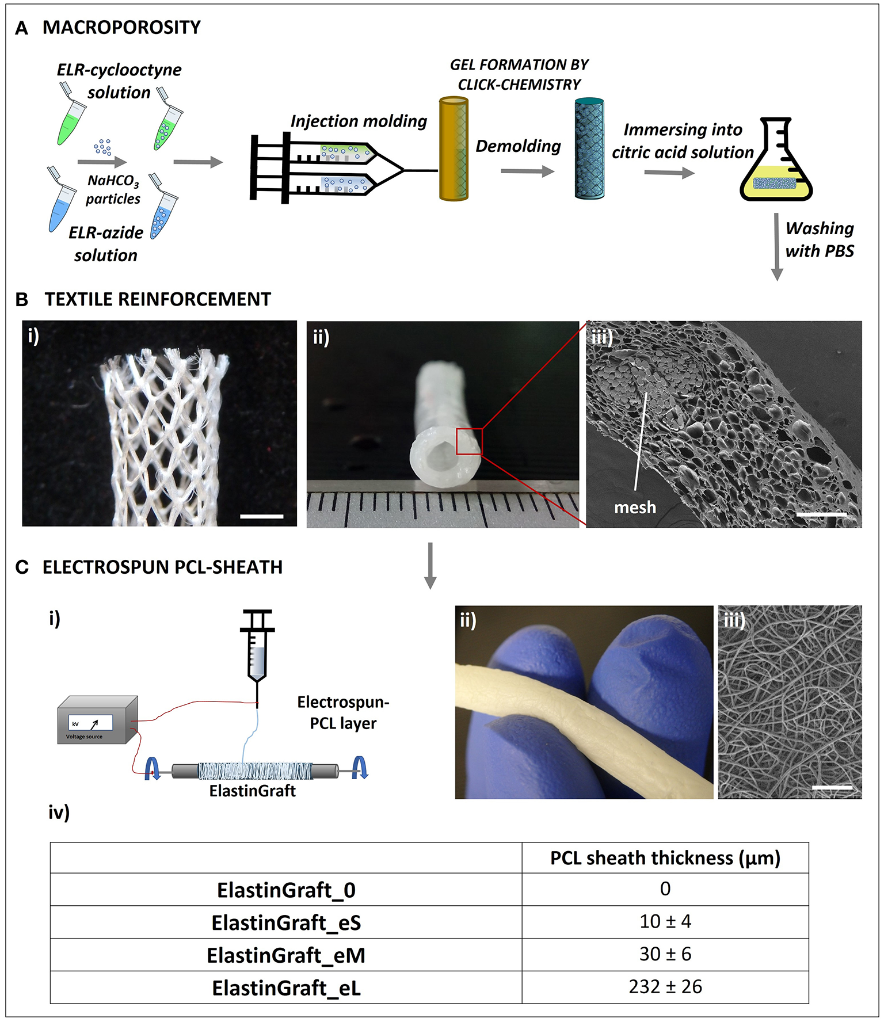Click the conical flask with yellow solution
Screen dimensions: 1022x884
pos(776,165)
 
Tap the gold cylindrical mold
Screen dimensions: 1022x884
pos(454,150)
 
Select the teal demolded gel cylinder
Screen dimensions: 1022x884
pos(589,150)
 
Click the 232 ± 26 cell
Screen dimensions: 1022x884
pos(665,987)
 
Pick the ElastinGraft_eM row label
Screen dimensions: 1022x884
pos(286,955)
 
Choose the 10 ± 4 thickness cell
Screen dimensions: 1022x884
pos(665,922)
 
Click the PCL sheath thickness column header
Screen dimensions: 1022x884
pos(665,858)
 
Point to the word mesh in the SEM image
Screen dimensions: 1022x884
pos(635,508)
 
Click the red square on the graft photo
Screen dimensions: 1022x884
pos(469,442)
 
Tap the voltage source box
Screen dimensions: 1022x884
pos(97,720)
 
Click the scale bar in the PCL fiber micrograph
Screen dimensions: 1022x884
pos(832,787)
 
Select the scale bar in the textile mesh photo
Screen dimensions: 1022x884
pos(261,516)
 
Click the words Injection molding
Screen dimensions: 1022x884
pos(359,121)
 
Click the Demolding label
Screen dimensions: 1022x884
pos(518,146)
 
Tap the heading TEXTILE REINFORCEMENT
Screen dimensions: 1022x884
pos(158,299)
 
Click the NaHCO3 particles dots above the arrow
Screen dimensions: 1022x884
pos(102,147)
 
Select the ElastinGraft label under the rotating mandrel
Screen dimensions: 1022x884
pos(253,791)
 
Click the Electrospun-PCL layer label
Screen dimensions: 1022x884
pos(343,712)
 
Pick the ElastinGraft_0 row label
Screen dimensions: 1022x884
pos(286,890)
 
